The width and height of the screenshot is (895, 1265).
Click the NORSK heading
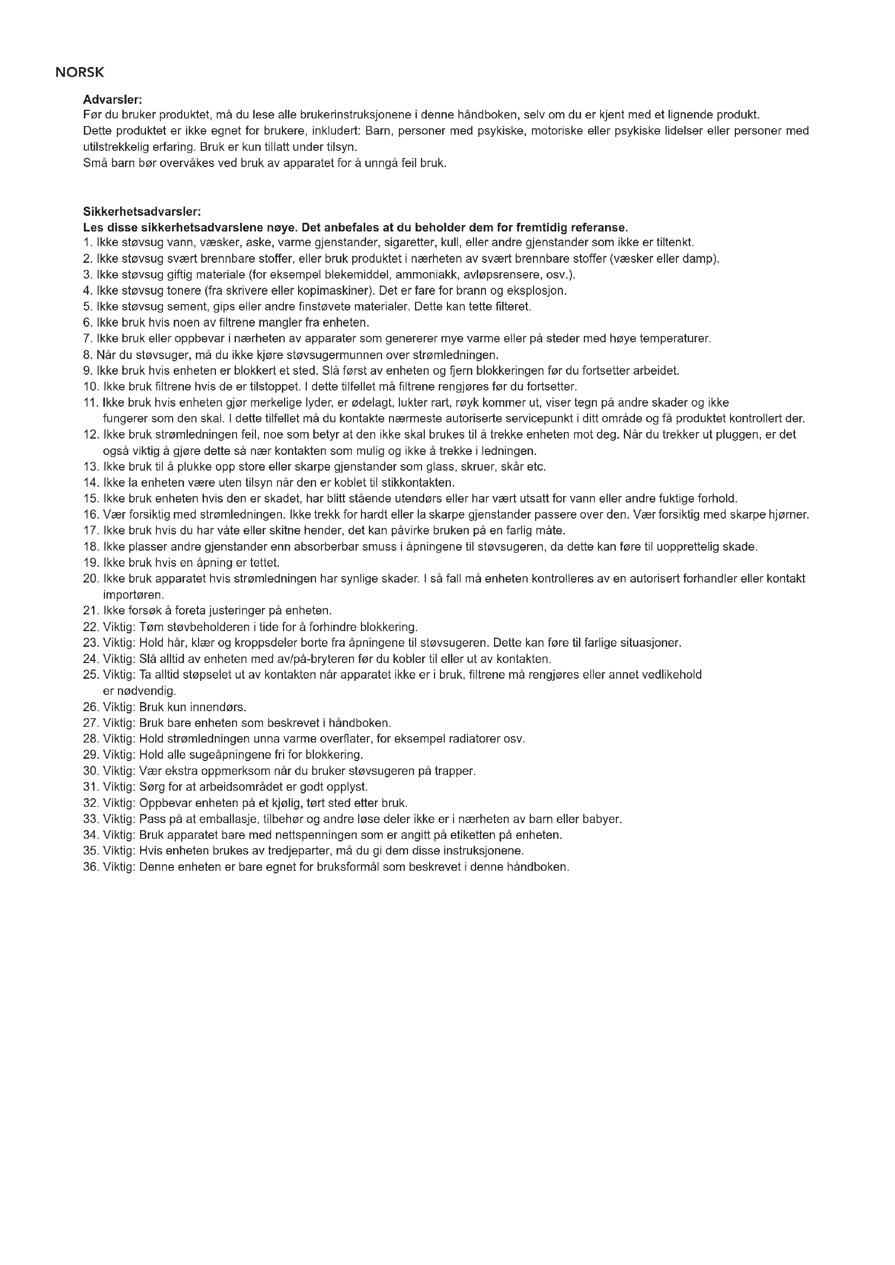coord(80,72)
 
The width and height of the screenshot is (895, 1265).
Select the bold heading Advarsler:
coord(113,100)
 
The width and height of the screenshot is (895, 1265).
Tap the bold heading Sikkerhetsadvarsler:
coord(142,211)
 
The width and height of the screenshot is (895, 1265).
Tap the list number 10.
coord(90,386)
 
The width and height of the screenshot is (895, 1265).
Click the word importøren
coord(133,595)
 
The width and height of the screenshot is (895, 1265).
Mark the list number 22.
coord(90,627)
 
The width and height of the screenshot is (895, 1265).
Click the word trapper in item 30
coord(456,771)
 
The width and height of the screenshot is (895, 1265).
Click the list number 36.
coord(90,866)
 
